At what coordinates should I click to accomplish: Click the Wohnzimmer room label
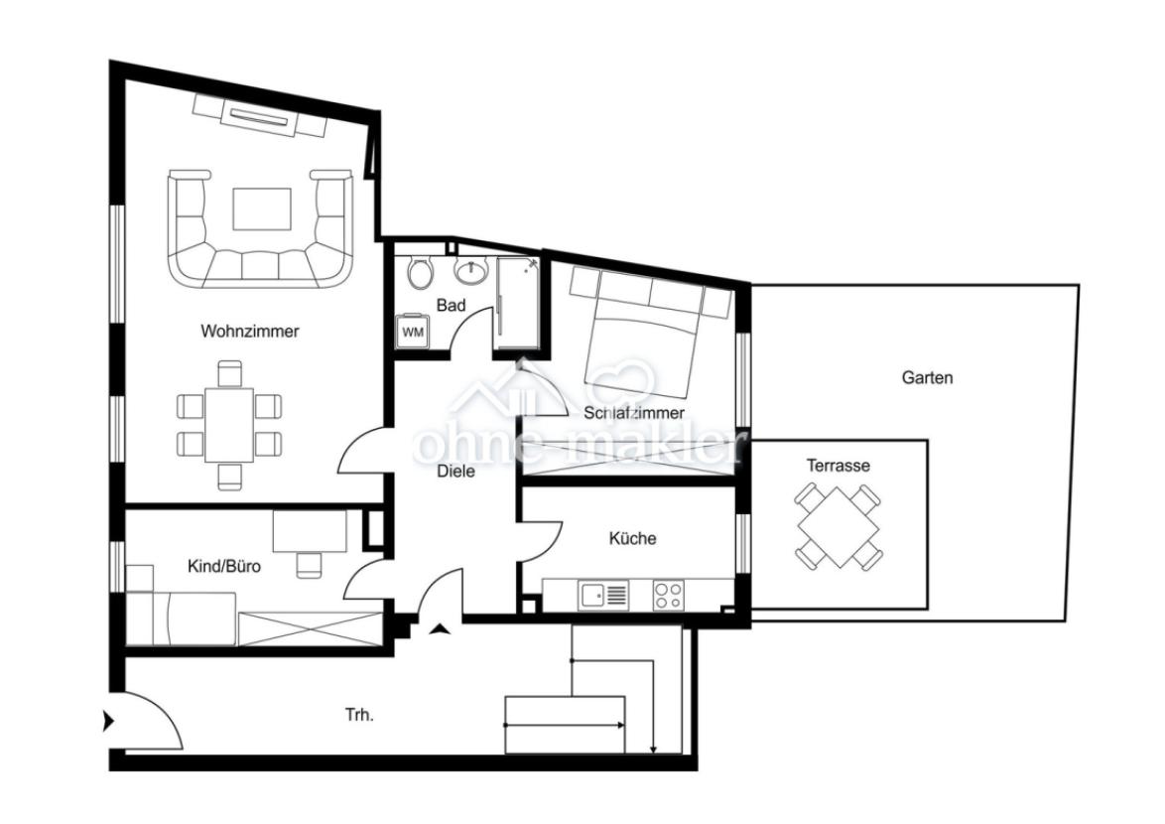click(x=249, y=332)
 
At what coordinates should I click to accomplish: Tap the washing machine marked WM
click(x=413, y=332)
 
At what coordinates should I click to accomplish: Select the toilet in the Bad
click(x=420, y=272)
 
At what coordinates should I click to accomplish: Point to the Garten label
click(x=927, y=377)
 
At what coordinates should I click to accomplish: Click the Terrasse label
click(x=838, y=465)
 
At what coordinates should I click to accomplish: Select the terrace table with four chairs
click(x=839, y=526)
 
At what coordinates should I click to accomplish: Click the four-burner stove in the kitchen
click(x=668, y=596)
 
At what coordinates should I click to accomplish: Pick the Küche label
click(x=632, y=538)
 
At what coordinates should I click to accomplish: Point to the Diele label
click(x=455, y=472)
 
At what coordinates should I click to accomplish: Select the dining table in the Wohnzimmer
click(x=229, y=424)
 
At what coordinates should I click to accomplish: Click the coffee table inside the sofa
click(x=262, y=209)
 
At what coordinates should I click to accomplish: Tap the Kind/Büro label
click(x=224, y=567)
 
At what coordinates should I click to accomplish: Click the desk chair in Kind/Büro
click(x=309, y=564)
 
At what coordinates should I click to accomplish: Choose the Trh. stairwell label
click(x=359, y=714)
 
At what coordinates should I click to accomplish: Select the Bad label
click(x=451, y=306)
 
